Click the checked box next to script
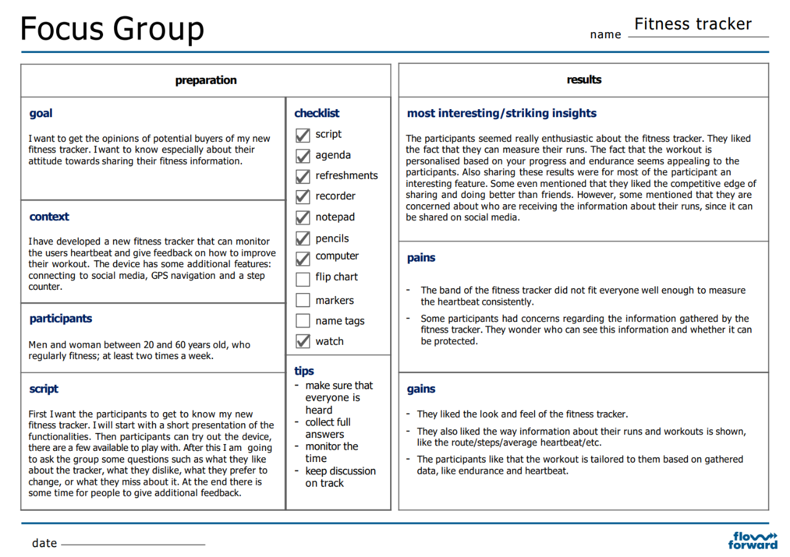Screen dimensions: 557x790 tap(302, 135)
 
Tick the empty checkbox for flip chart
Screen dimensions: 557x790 tap(302, 279)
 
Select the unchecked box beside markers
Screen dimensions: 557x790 tap(302, 300)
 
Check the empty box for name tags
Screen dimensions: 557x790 tap(302, 321)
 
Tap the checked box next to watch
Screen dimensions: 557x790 tap(302, 340)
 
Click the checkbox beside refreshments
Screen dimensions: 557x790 tap(302, 176)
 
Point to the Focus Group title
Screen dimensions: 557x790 tap(112, 28)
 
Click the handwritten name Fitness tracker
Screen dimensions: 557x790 tap(692, 24)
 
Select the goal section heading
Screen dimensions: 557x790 tap(41, 113)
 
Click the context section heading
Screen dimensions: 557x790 tap(49, 217)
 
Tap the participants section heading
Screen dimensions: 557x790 tap(60, 318)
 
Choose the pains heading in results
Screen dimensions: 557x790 tap(421, 258)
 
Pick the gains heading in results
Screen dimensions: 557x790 tap(421, 389)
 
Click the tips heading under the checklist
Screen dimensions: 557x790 tap(304, 371)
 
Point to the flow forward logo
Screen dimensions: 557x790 tap(752, 540)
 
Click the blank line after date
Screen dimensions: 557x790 tap(133, 545)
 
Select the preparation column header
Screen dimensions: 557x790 tap(206, 80)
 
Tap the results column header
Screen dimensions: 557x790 tap(584, 80)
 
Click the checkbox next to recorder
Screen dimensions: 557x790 tap(302, 197)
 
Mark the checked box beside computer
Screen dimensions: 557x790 tap(302, 258)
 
